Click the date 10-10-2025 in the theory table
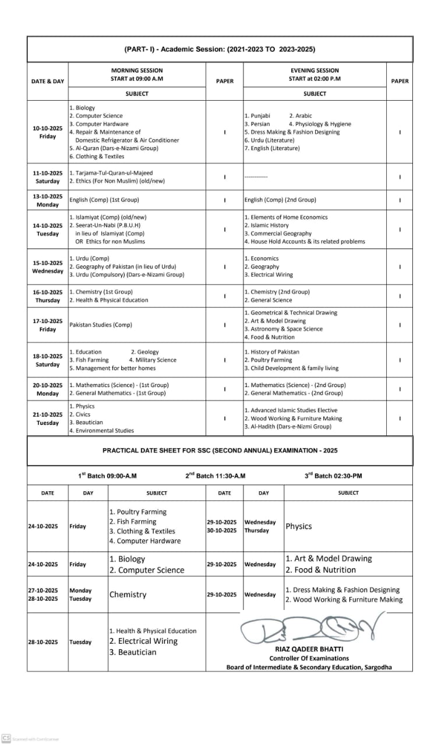coord(48,128)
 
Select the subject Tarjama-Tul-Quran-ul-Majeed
coord(111,173)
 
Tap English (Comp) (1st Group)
coord(104,200)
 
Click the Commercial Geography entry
coord(281,233)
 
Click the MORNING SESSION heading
coord(137,70)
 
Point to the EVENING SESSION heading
coord(315,70)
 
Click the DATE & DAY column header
coord(48,81)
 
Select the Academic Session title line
coord(220,49)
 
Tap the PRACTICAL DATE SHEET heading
coord(220,450)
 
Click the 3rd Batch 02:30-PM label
coord(333,476)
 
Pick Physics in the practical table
coord(298,526)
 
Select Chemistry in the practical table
coord(128,595)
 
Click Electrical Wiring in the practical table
coord(143,641)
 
